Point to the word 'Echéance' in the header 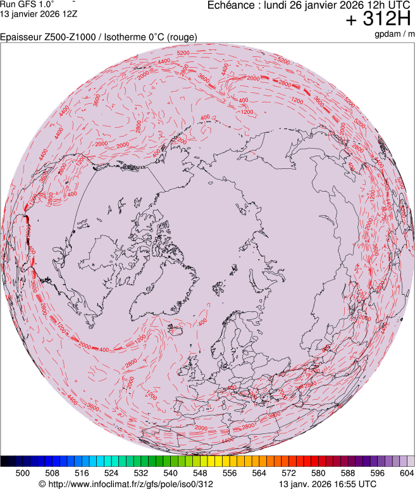230,5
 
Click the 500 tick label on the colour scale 23,473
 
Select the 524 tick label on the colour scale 111,473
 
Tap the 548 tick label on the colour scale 200,473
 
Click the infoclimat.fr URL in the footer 127,484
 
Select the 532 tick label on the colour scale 141,473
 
